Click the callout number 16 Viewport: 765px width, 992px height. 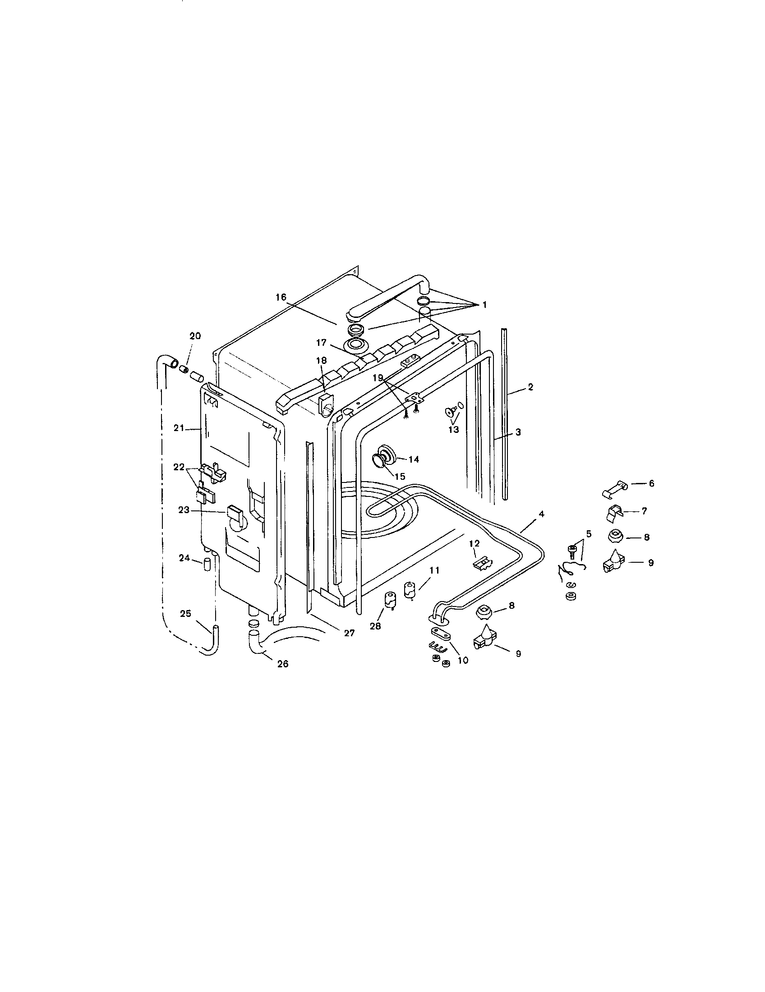(281, 297)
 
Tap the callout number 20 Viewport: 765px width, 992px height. (195, 335)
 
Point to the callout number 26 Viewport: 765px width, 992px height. (282, 664)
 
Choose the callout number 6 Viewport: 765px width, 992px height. (651, 483)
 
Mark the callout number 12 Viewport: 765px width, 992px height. (474, 543)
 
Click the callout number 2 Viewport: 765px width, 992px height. (530, 387)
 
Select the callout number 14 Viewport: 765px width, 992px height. (413, 459)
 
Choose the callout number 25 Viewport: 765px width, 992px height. (185, 614)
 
